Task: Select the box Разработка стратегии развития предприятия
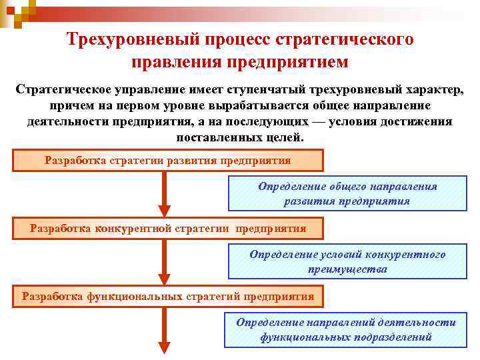[167, 161]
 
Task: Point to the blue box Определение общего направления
[347, 194]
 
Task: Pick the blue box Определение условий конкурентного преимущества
[347, 262]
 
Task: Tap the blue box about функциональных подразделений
[346, 330]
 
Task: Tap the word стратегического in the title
[351, 39]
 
